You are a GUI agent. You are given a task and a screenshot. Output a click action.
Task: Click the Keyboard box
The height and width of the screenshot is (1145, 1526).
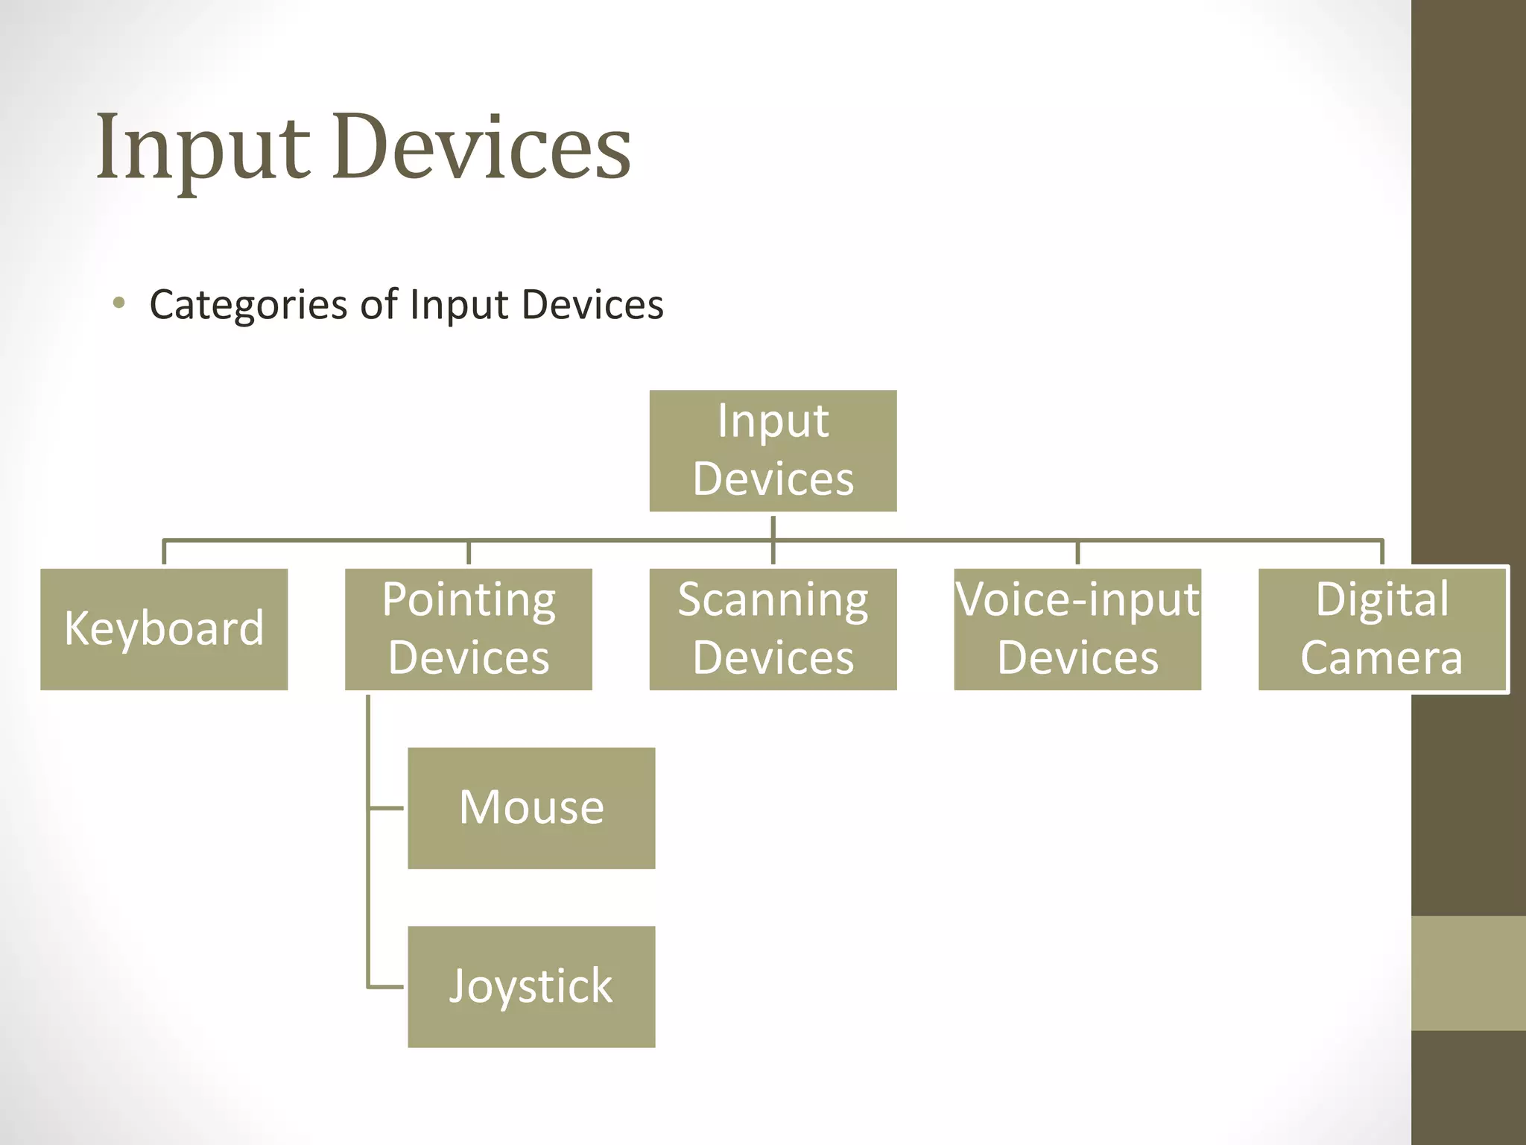pos(164,629)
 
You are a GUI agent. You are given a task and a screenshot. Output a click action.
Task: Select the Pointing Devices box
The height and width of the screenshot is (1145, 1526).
pos(468,629)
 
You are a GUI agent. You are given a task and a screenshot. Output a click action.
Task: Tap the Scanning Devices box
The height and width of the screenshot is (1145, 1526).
pos(773,629)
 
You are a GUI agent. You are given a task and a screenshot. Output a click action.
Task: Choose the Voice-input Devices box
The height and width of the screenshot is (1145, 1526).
pos(1077,629)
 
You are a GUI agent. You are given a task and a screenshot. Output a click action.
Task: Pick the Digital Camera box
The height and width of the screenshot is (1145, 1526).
pos(1382,629)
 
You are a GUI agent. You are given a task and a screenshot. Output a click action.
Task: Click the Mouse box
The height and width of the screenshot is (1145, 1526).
pos(531,808)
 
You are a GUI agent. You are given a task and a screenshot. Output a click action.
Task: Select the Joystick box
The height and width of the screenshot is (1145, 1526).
pos(531,986)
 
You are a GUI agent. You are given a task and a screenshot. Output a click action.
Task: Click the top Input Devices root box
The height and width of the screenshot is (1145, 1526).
pos(773,450)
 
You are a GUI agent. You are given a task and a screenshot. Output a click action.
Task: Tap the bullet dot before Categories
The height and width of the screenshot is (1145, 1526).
pos(118,303)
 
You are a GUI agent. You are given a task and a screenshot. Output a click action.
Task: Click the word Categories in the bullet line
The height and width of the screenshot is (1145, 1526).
pos(248,305)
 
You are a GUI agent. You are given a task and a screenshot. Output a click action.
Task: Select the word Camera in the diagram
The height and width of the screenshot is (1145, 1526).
pos(1381,657)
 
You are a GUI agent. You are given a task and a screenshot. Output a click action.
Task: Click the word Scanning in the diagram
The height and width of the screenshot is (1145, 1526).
pos(773,599)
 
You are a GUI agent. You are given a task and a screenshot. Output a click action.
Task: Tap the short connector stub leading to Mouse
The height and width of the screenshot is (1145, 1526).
pos(387,807)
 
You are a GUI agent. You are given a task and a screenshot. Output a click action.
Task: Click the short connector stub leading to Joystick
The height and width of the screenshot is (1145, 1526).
pos(387,986)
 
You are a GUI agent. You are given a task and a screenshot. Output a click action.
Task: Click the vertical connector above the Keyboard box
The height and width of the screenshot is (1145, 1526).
pos(164,552)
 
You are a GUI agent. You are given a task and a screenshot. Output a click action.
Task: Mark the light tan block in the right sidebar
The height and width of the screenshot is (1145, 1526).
pos(1468,973)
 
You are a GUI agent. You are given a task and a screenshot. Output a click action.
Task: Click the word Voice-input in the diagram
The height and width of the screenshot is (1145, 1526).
pos(1077,599)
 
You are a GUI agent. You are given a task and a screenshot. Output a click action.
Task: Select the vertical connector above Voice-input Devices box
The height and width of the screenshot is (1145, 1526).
pos(1077,552)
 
